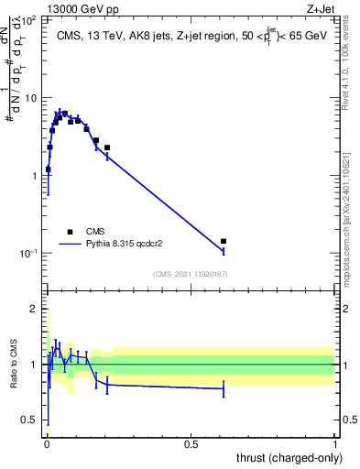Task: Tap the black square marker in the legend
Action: (71, 232)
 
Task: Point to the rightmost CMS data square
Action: (224, 241)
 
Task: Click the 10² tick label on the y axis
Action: (29, 19)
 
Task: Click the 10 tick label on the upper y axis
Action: (31, 97)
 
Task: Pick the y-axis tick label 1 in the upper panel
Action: (35, 175)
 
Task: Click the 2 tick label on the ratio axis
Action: (34, 309)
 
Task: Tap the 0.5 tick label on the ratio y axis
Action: (29, 420)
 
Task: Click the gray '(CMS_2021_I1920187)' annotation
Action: (190, 273)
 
